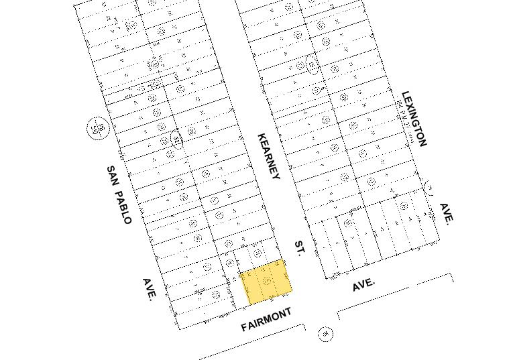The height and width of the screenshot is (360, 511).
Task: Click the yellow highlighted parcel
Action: (266, 282)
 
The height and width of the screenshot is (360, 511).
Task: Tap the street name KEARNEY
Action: (268, 156)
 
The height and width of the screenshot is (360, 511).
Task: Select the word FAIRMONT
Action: (266, 320)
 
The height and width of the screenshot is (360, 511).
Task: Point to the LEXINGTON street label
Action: (414, 119)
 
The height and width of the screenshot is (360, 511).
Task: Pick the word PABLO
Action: (123, 207)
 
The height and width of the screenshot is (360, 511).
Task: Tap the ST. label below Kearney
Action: (300, 249)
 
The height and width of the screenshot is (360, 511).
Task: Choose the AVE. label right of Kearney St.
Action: (364, 284)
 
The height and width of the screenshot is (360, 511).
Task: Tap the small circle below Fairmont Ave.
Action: (326, 333)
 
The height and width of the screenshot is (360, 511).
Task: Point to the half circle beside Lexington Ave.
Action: (429, 187)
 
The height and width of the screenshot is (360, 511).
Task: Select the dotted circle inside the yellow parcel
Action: (267, 280)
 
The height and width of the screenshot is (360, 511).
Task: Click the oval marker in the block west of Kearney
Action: (176, 139)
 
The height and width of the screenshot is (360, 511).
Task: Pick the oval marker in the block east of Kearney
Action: (313, 64)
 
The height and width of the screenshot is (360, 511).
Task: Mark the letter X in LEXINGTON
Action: (410, 107)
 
